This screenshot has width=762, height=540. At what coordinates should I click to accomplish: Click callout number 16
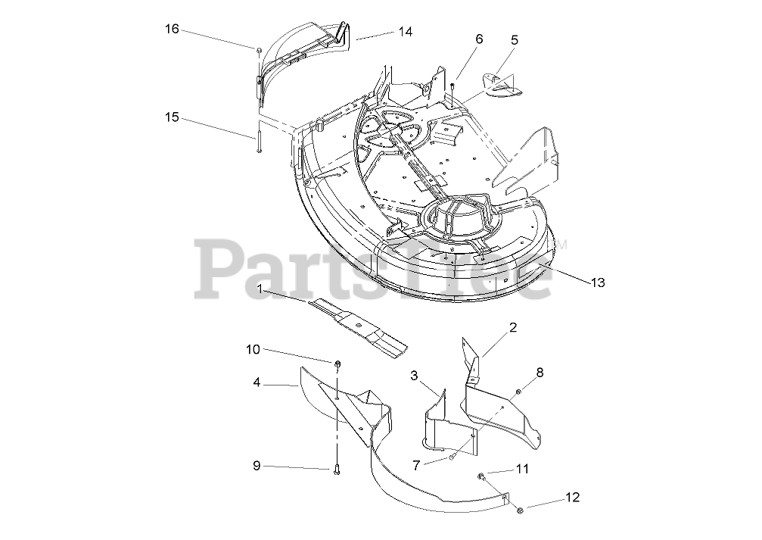click(x=173, y=29)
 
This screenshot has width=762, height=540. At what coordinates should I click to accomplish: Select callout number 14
click(x=406, y=32)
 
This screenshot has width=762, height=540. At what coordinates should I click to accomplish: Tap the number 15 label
click(x=173, y=117)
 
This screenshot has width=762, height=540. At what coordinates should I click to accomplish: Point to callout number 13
click(x=598, y=282)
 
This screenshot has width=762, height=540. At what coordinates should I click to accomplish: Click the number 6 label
click(x=478, y=39)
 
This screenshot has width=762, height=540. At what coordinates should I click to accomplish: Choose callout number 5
click(x=515, y=39)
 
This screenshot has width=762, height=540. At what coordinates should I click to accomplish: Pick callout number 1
click(x=260, y=289)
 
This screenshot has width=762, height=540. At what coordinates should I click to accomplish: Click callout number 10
click(x=253, y=349)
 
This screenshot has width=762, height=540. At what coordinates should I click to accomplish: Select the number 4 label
click(x=257, y=383)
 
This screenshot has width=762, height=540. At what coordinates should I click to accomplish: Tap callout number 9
click(x=257, y=466)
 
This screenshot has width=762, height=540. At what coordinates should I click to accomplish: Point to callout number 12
click(x=572, y=498)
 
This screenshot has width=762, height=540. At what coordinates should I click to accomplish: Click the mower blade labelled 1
click(x=356, y=329)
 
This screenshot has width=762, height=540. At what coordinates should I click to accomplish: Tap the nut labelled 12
click(x=520, y=512)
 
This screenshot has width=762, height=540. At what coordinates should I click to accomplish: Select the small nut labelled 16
click(x=260, y=50)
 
